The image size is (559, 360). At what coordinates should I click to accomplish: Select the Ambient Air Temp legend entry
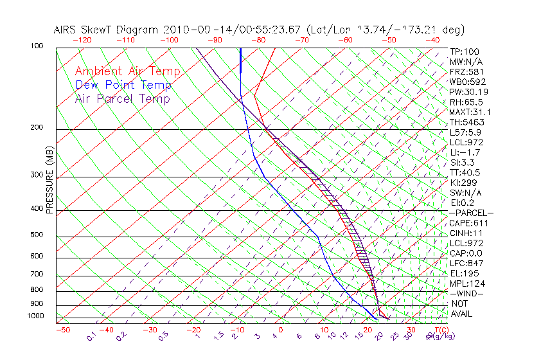[x=127, y=71]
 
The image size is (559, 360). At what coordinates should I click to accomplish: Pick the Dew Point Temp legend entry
[x=123, y=85]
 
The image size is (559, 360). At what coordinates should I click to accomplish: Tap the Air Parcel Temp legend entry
[x=122, y=98]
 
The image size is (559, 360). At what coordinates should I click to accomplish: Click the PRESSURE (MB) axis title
[x=50, y=183]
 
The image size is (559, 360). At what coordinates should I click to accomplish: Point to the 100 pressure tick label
[x=37, y=46]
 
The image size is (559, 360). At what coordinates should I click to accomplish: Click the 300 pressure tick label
[x=37, y=175]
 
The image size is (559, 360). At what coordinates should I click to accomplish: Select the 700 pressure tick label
[x=37, y=274]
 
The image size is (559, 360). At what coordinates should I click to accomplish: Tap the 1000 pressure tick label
[x=35, y=316]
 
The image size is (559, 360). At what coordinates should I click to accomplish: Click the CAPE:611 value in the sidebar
[x=467, y=223]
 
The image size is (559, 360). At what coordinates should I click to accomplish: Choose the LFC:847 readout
[x=465, y=264]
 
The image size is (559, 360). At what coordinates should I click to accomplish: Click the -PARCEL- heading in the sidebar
[x=471, y=213]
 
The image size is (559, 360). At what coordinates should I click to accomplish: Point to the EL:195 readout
[x=463, y=273]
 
